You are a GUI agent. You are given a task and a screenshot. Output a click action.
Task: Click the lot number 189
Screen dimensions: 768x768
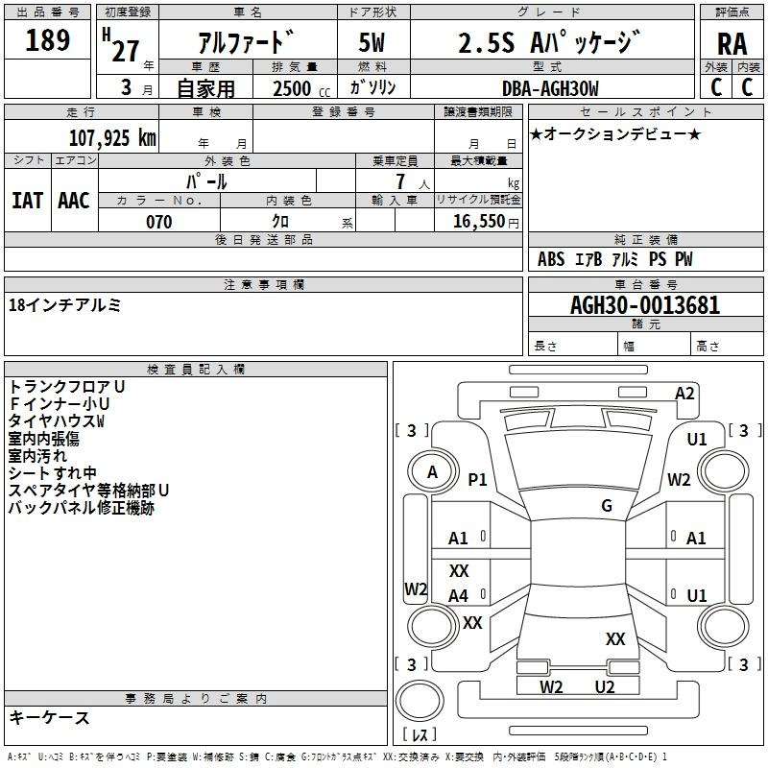[x=47, y=40]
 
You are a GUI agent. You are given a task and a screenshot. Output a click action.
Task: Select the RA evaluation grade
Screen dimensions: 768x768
[x=732, y=44]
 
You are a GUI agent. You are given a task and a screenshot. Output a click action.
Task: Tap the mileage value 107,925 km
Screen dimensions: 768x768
[x=112, y=138]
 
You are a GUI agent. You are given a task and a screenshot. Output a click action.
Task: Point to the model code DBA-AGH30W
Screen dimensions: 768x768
[x=550, y=88]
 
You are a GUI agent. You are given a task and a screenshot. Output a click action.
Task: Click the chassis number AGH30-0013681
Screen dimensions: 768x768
[x=645, y=305]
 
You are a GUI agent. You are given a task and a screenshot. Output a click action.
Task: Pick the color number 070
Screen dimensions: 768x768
[x=159, y=222]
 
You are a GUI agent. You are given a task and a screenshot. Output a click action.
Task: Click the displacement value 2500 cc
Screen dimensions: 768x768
[x=301, y=88]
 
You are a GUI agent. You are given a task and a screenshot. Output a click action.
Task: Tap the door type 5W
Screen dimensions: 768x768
[x=372, y=42]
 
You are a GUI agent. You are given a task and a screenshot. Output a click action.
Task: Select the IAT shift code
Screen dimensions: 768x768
[x=28, y=201]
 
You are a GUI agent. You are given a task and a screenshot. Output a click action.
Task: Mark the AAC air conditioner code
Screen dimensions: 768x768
[x=74, y=201]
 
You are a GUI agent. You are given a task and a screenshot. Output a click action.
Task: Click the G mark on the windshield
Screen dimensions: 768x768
[x=607, y=505]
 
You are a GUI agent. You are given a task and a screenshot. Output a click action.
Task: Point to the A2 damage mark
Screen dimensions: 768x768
[x=684, y=394]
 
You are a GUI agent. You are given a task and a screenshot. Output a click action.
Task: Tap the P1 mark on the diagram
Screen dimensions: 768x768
[x=477, y=479]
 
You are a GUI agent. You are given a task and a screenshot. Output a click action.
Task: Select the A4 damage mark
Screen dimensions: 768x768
[x=459, y=595]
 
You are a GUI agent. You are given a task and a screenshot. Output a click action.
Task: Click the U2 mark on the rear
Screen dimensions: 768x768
[x=605, y=686]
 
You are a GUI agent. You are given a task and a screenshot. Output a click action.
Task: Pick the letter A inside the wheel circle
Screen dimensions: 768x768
[x=432, y=472]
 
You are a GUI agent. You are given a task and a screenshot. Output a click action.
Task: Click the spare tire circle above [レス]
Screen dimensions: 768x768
[x=420, y=701]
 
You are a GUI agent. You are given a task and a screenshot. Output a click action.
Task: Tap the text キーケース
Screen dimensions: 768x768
[x=49, y=717]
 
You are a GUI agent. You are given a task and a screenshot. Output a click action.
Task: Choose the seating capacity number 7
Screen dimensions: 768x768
[x=400, y=181]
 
